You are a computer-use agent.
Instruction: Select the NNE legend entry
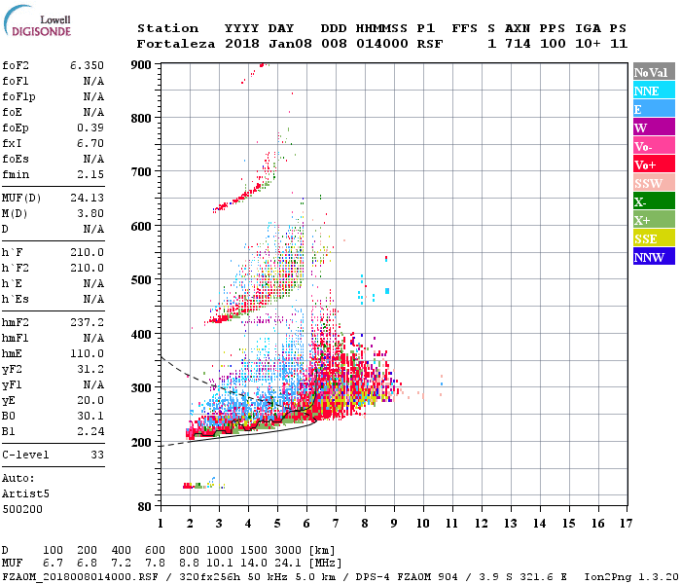click(x=654, y=91)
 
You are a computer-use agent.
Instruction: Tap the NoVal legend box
click(x=654, y=72)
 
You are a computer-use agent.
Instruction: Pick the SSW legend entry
click(x=654, y=183)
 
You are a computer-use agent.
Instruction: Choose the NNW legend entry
click(x=654, y=257)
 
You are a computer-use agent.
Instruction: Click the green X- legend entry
click(x=654, y=201)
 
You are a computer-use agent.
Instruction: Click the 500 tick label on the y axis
click(x=142, y=280)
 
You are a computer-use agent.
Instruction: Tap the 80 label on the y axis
click(x=145, y=507)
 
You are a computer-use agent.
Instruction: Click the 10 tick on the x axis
click(x=422, y=524)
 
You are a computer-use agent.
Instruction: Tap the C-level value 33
click(x=97, y=455)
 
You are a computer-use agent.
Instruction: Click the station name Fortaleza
click(x=177, y=44)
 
